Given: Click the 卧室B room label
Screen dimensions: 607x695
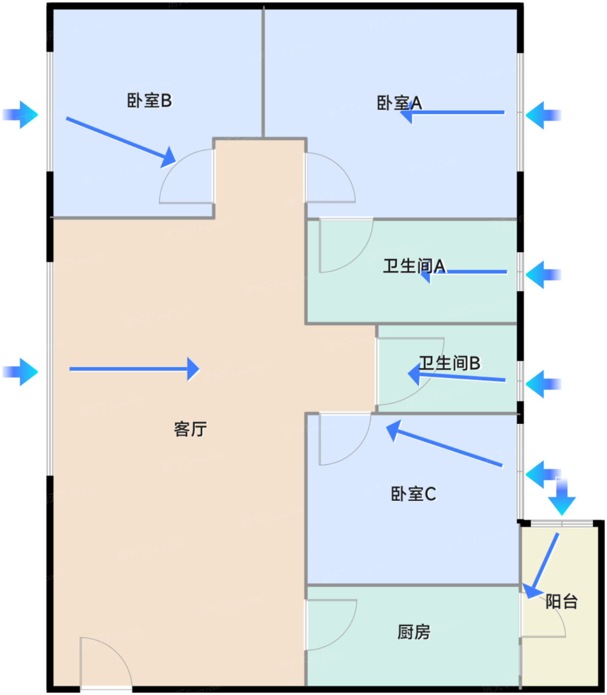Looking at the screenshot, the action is (149, 101).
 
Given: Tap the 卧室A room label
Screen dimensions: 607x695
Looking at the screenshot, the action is (399, 103).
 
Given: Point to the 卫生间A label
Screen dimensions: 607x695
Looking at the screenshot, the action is (414, 266).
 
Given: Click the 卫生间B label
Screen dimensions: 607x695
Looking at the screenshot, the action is (450, 363).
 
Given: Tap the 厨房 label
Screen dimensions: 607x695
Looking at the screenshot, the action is (414, 632).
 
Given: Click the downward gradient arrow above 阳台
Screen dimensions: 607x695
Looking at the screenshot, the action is (561, 496).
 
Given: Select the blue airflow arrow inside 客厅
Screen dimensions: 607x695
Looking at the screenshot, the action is (135, 369).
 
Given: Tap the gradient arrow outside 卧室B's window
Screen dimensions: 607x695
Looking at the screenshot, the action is (20, 115).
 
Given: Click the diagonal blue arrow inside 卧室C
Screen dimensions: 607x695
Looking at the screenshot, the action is (444, 443).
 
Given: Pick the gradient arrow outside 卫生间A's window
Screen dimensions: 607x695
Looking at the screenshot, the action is (543, 275).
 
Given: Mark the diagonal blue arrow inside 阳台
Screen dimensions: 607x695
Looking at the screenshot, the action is (540, 566).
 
